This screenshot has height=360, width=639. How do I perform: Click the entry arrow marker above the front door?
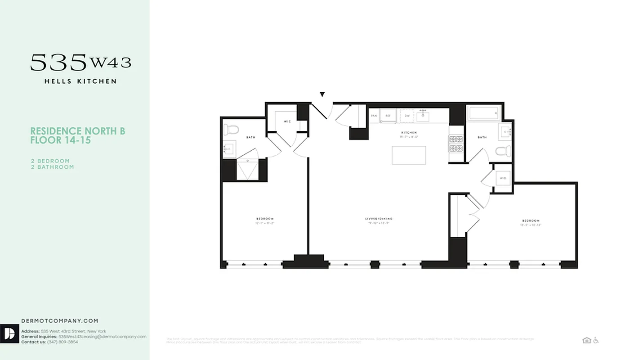[322, 94]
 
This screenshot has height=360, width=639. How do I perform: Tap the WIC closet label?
[287, 122]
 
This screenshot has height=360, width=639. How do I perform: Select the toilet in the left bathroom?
[232, 130]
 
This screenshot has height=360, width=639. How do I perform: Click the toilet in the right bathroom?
[503, 151]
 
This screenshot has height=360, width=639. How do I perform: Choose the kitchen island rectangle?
[409, 155]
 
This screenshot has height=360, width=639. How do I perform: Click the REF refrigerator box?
[388, 116]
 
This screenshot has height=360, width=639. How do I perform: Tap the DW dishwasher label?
[407, 116]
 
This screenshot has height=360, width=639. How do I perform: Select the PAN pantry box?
[374, 116]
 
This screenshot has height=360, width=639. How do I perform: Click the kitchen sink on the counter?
[422, 116]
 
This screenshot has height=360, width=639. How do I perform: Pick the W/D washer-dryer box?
[503, 178]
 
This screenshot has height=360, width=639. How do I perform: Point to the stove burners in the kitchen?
[456, 144]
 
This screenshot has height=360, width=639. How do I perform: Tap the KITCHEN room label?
[409, 133]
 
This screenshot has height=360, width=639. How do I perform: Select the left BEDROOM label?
[264, 219]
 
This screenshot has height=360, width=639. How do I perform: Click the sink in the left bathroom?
[229, 149]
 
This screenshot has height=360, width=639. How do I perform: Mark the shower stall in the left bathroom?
[247, 170]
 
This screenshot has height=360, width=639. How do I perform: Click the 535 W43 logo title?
[81, 63]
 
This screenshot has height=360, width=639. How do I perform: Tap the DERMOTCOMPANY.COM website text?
[60, 321]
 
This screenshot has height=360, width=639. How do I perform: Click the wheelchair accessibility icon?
[596, 340]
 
